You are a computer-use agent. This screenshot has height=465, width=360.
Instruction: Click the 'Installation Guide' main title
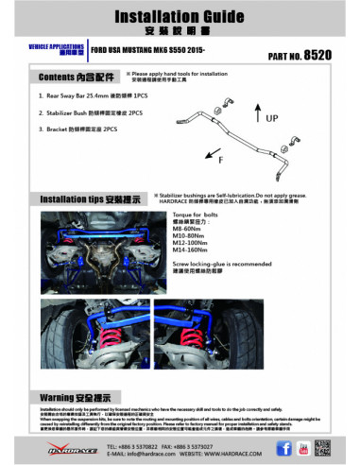click(180, 16)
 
